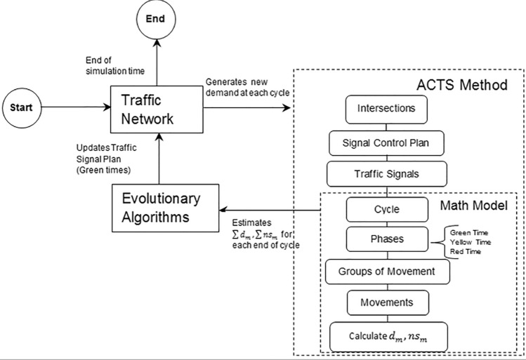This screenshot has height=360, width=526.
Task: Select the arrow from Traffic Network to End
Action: coord(157,62)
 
